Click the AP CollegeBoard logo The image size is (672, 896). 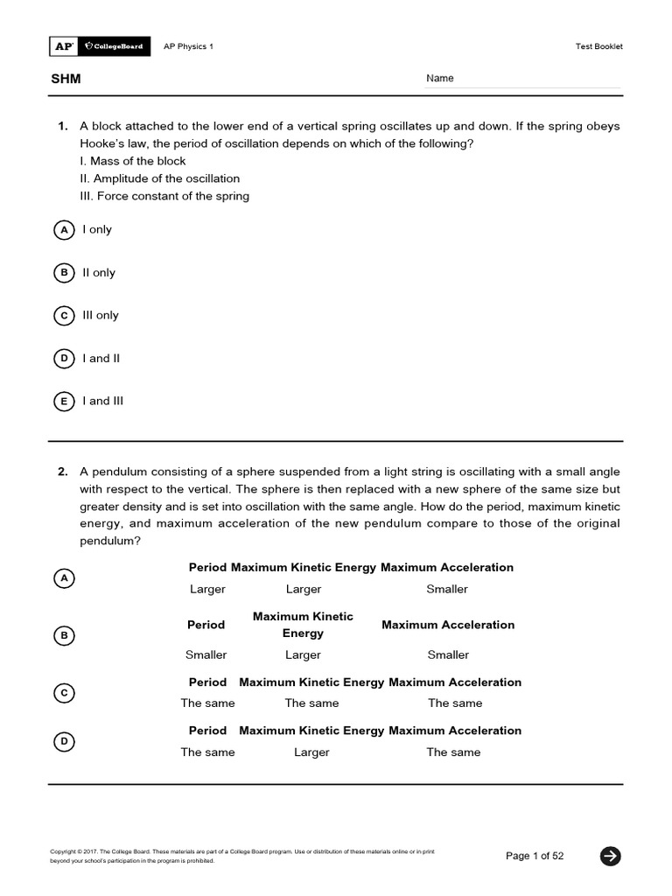[x=99, y=46]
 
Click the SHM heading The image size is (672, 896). [x=65, y=79]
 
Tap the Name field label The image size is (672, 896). [x=440, y=79]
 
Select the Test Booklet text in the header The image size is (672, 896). [x=598, y=47]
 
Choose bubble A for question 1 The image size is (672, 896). [x=64, y=230]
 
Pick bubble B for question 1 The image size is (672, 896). [x=64, y=273]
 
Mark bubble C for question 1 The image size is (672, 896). [x=64, y=316]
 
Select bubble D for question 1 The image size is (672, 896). [x=64, y=359]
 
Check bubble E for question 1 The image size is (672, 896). [x=64, y=402]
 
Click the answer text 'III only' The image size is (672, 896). [x=101, y=316]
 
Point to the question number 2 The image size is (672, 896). [x=63, y=472]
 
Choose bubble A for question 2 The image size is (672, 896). [x=64, y=578]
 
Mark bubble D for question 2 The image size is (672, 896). [x=64, y=742]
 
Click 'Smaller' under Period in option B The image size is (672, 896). [x=206, y=655]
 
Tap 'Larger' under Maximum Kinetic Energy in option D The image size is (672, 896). [x=311, y=752]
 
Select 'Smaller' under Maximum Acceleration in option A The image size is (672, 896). [x=447, y=590]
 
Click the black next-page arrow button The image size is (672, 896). [x=610, y=856]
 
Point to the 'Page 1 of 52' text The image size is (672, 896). [x=534, y=856]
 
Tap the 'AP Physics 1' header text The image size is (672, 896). [x=188, y=47]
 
